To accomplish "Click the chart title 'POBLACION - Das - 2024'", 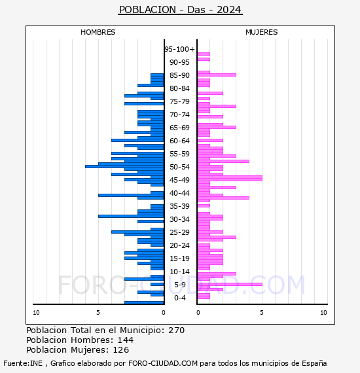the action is [180, 10].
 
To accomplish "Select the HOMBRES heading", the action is [98, 32].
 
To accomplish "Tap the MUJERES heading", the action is [262, 32].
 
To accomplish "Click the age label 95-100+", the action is [179, 49].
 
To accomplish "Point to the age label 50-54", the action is [179, 167].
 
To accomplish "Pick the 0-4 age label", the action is [179, 298].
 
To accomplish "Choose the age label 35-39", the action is [179, 206].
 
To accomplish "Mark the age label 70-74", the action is [179, 115].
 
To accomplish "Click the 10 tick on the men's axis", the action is [36, 313].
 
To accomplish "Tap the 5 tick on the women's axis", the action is [262, 313].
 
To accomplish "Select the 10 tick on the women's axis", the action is [323, 313].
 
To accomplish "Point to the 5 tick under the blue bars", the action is [98, 313].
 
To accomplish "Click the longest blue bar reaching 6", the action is [124, 166].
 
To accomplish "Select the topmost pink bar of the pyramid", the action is [204, 54].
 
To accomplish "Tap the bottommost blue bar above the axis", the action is [144, 302].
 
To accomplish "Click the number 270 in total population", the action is [176, 330].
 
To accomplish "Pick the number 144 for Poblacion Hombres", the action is [126, 340].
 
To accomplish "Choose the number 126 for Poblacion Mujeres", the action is [121, 350].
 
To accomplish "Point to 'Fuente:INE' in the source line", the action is [23, 363].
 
